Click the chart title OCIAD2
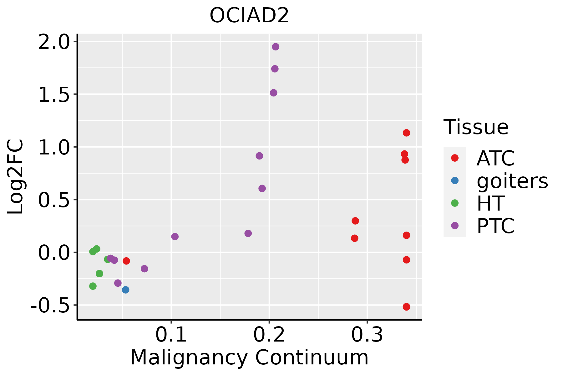click(x=249, y=16)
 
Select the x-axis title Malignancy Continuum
click(x=249, y=358)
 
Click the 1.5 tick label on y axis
click(x=53, y=95)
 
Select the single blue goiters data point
click(x=125, y=290)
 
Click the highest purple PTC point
click(x=276, y=47)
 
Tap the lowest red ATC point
click(x=406, y=307)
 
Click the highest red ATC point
click(x=406, y=133)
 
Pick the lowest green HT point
click(x=93, y=286)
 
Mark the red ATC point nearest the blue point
click(x=126, y=261)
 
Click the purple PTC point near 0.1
click(x=175, y=237)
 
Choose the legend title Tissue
click(x=476, y=127)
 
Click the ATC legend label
click(x=495, y=159)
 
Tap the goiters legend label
click(x=512, y=181)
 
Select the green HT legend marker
click(x=455, y=203)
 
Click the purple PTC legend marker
click(x=455, y=226)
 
